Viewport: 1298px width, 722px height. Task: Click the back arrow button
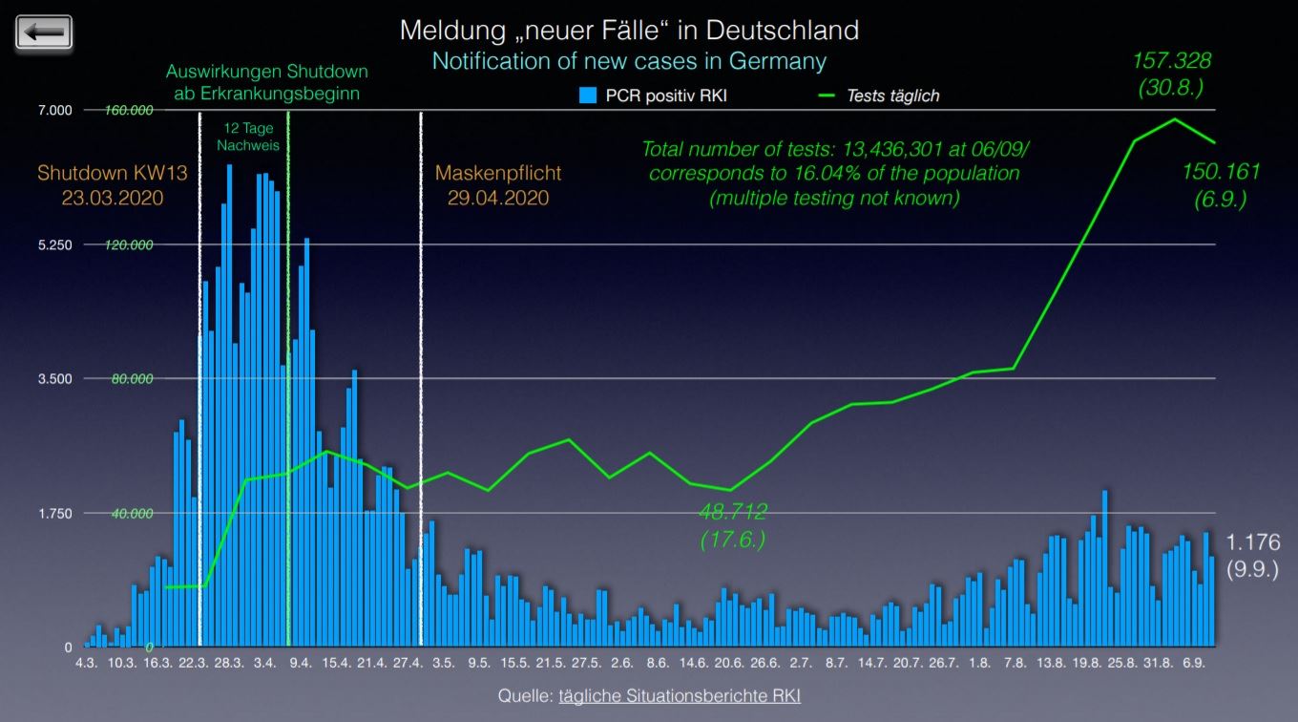click(45, 32)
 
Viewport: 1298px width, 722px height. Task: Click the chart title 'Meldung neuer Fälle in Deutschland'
click(629, 30)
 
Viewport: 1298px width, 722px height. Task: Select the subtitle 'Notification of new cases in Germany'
click(629, 61)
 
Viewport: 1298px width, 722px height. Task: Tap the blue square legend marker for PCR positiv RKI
click(588, 96)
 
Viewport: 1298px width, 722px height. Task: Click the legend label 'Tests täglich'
click(892, 96)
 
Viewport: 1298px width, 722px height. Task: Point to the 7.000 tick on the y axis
click(55, 111)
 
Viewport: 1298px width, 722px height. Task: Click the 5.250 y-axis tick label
click(55, 244)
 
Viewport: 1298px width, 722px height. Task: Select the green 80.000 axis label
click(132, 379)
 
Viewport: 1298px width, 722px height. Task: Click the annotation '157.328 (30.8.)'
click(1171, 73)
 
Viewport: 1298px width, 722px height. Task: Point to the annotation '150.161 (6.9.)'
click(1221, 184)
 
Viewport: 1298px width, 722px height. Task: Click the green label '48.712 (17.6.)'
click(732, 525)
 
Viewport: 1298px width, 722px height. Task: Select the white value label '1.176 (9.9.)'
click(1252, 554)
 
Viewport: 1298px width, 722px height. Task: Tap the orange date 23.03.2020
click(114, 199)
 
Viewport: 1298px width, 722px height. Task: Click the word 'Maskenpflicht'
click(498, 174)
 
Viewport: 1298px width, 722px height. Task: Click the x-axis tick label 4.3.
click(86, 663)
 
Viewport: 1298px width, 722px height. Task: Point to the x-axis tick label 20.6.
click(729, 663)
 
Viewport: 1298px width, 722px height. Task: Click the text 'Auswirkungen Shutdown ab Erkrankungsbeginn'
click(266, 82)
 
